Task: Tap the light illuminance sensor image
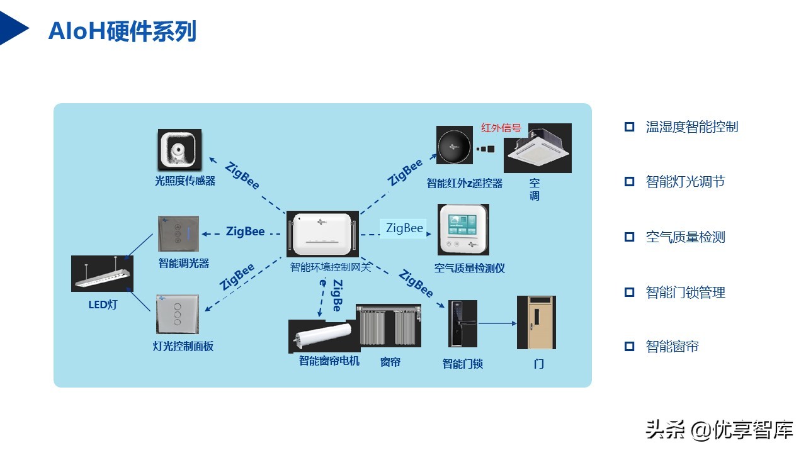click(x=179, y=150)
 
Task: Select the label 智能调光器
click(x=183, y=263)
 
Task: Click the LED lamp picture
click(x=102, y=274)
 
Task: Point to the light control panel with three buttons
click(x=178, y=314)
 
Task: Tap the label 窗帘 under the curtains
click(x=390, y=362)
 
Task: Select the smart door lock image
click(x=462, y=323)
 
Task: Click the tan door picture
click(x=536, y=322)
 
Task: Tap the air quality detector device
click(x=463, y=229)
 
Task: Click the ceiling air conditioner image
click(x=537, y=148)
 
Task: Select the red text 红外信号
click(x=501, y=128)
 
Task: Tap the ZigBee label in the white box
click(x=404, y=228)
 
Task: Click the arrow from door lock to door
click(x=497, y=324)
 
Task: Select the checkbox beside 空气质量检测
click(x=629, y=237)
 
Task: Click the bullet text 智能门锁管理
click(x=685, y=292)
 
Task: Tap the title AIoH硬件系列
click(x=122, y=31)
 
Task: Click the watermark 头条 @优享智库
click(x=718, y=430)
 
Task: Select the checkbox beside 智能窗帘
click(x=629, y=347)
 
